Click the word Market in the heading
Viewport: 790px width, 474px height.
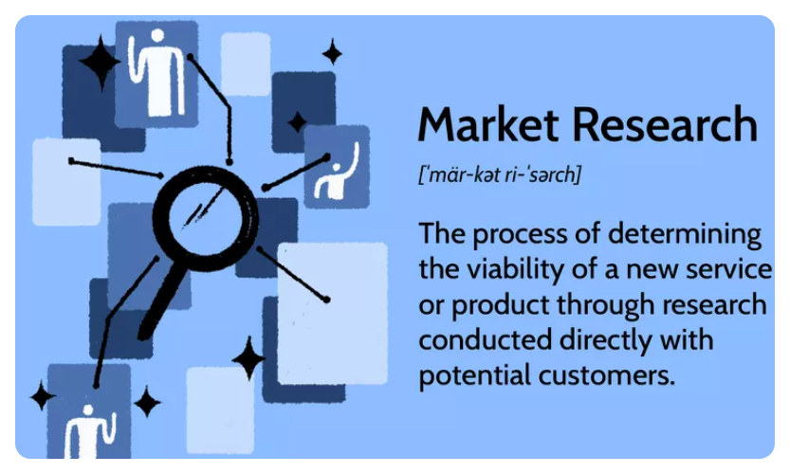[x=488, y=124]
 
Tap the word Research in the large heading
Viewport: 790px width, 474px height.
[x=665, y=124]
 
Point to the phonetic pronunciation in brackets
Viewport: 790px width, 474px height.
[x=500, y=174]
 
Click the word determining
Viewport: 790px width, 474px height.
[x=685, y=234]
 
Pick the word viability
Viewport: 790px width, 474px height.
[x=515, y=269]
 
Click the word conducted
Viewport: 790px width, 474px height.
[x=486, y=339]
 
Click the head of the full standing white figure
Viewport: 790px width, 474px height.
[x=157, y=36]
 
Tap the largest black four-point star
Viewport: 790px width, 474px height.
[x=101, y=62]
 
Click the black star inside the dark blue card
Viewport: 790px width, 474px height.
[x=297, y=122]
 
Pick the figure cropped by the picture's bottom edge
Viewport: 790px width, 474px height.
[x=90, y=431]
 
